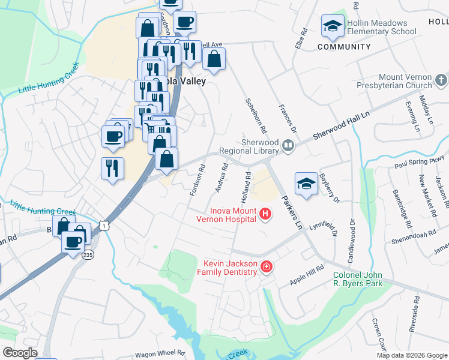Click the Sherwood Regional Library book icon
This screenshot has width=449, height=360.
pos(288,146)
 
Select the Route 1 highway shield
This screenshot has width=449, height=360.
pos(106,224)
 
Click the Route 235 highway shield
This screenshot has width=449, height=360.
pos(88,254)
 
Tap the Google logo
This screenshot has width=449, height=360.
pos(20,352)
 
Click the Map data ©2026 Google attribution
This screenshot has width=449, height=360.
pos(412,355)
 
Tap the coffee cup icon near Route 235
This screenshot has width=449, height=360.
pos(73,243)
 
